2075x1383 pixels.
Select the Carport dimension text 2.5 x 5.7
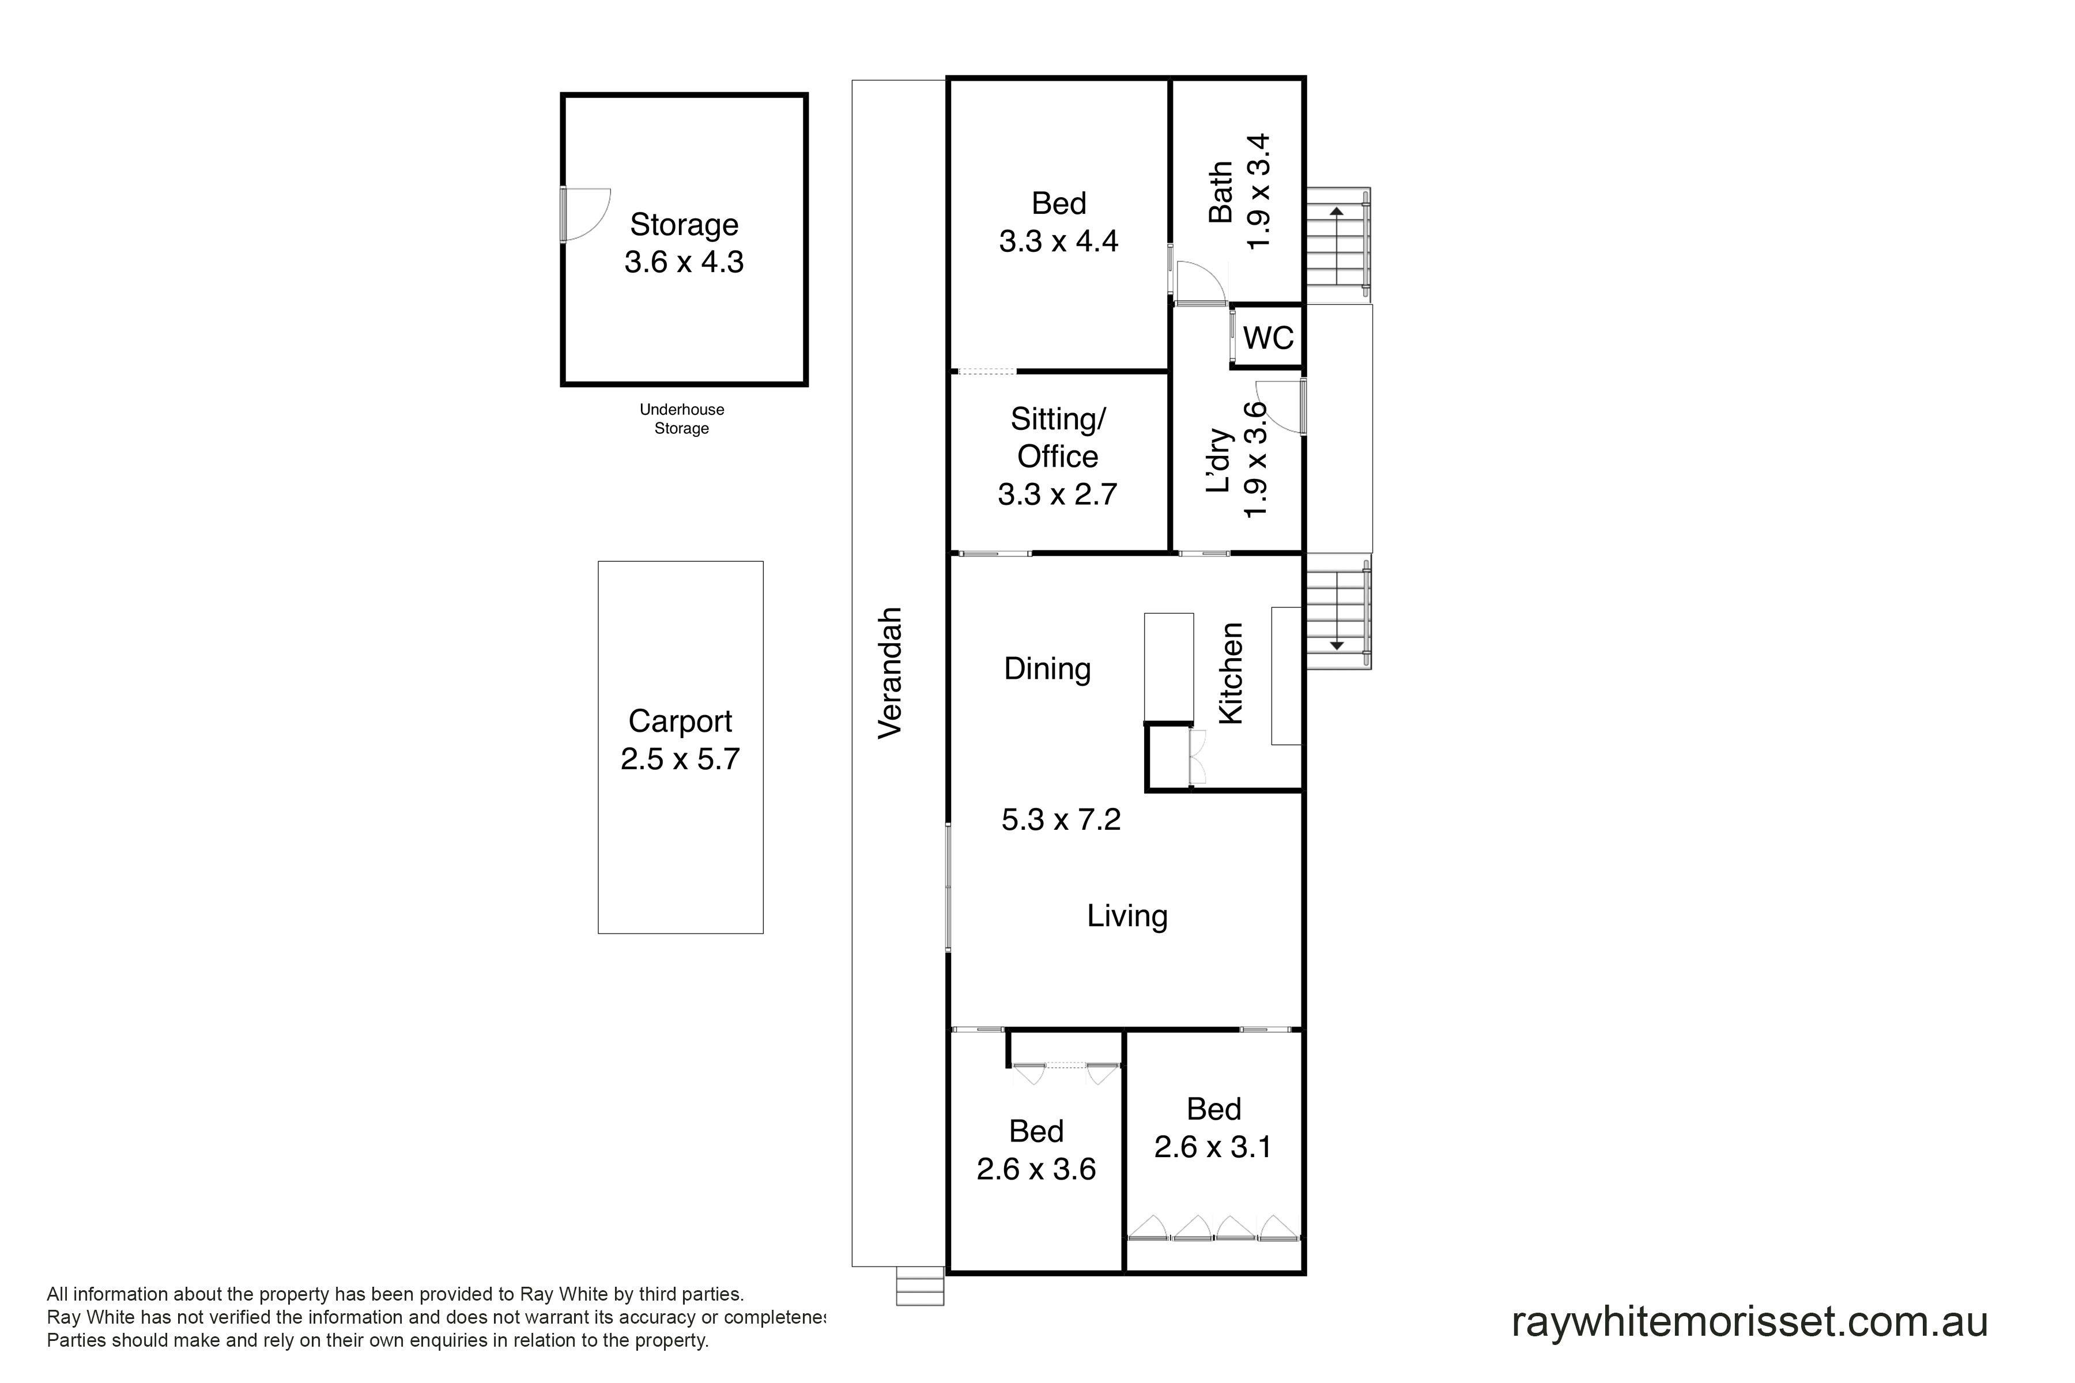click(680, 758)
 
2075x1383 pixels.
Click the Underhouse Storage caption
click(681, 419)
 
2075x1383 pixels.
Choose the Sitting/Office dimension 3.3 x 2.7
click(1057, 494)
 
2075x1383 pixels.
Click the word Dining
click(1047, 668)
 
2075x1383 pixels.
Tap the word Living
click(1127, 916)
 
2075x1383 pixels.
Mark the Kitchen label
click(1231, 674)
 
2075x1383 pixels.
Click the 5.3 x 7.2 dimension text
click(1061, 819)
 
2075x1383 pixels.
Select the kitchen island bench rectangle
click(1169, 668)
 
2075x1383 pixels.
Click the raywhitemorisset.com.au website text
click(1749, 1322)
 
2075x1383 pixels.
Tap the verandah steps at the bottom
click(920, 1286)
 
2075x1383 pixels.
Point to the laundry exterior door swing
click(1279, 406)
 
